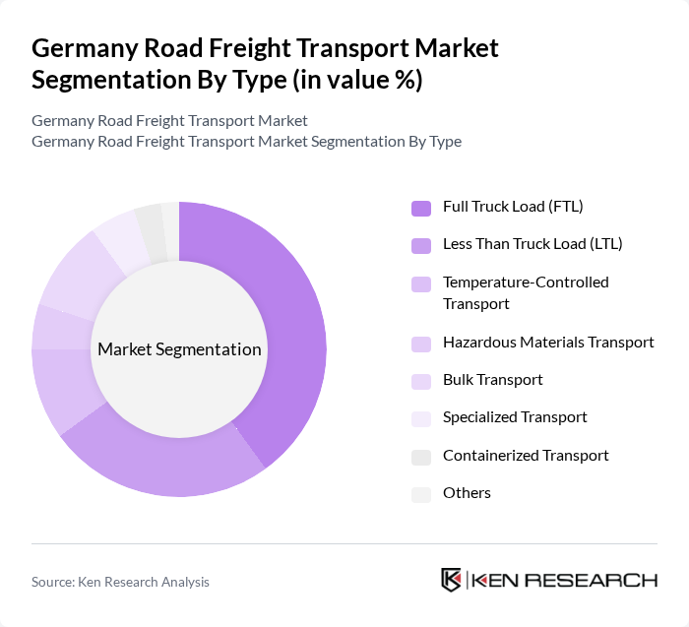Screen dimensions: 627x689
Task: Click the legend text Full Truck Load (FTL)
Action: tap(513, 207)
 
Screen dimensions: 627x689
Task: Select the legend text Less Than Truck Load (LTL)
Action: tap(532, 244)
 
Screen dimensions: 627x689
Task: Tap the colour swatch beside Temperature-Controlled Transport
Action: tap(421, 283)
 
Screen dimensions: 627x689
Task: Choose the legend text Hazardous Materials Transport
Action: tap(548, 343)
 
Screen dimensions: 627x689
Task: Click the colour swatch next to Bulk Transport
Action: tap(421, 381)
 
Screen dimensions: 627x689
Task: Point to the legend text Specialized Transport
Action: tap(515, 417)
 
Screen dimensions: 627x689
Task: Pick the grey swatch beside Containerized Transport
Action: tap(421, 457)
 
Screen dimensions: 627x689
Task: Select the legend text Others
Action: tap(467, 493)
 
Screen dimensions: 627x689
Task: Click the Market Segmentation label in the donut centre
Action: tap(179, 349)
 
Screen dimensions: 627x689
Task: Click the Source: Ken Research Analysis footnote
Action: tap(120, 582)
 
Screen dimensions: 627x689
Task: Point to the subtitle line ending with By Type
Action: tap(246, 142)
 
